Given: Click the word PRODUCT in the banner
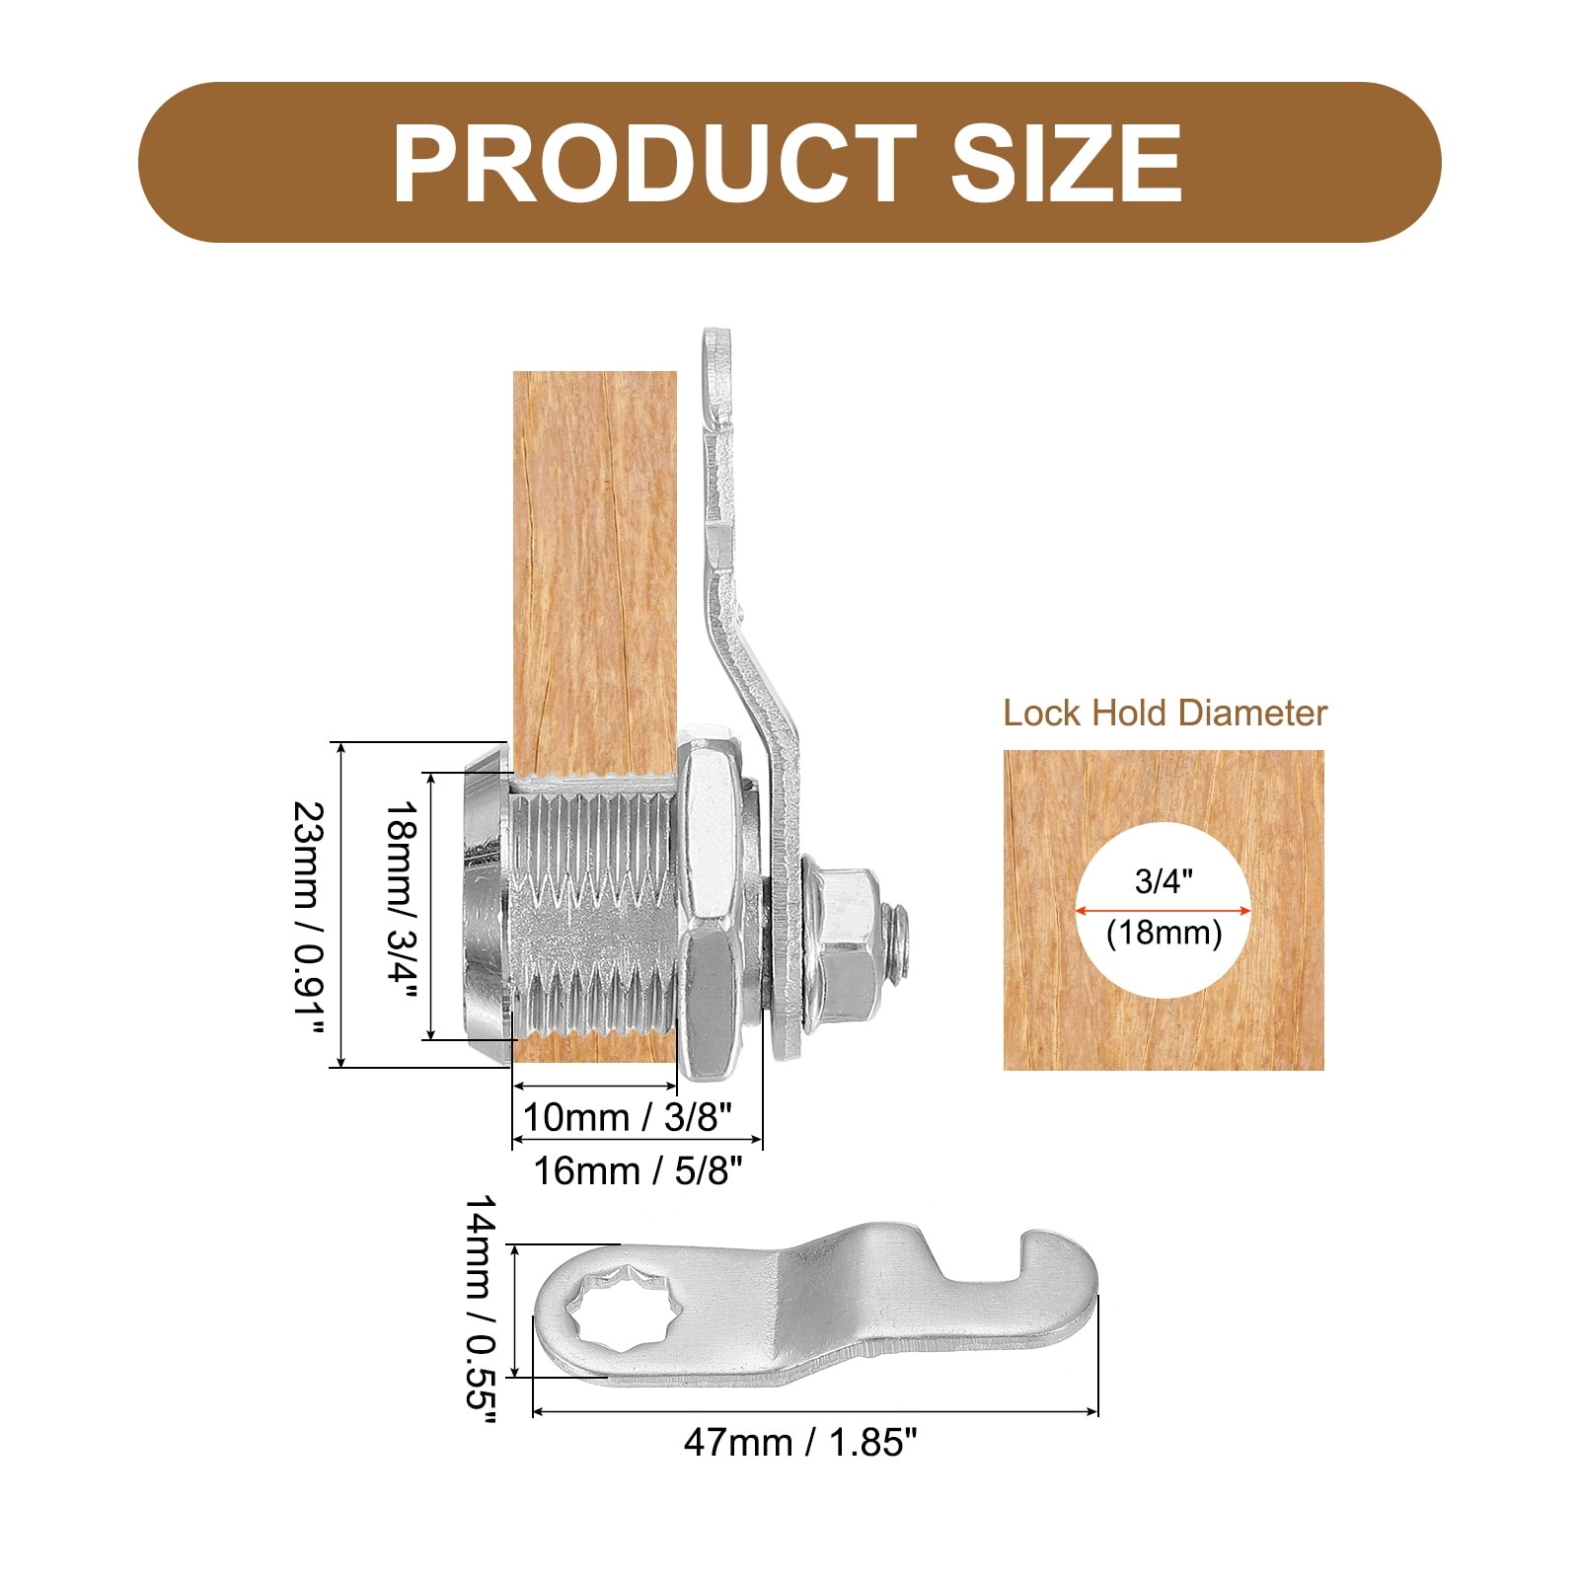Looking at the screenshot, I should click(x=654, y=163).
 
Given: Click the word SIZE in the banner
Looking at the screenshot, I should click(x=1066, y=163).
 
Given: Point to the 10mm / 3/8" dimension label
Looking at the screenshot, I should click(x=627, y=1117).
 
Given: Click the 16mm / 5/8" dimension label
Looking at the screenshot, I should click(x=638, y=1171).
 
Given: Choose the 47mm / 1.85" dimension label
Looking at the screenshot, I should click(x=800, y=1443).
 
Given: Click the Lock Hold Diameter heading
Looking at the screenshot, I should click(x=1165, y=713).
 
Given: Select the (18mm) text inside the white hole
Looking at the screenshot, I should click(x=1165, y=933).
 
